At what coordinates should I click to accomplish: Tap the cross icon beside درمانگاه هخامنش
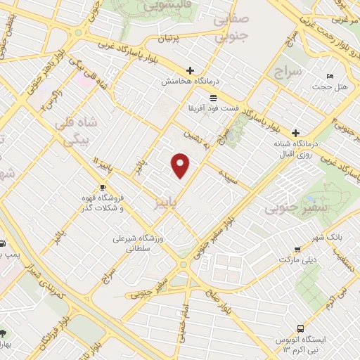tap(190, 70)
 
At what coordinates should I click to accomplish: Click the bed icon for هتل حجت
tap(330, 76)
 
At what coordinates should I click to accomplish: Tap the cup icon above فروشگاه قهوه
tap(103, 188)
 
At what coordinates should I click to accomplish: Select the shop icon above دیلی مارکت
tap(297, 249)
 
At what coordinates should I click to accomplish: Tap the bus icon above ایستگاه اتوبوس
tap(301, 328)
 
